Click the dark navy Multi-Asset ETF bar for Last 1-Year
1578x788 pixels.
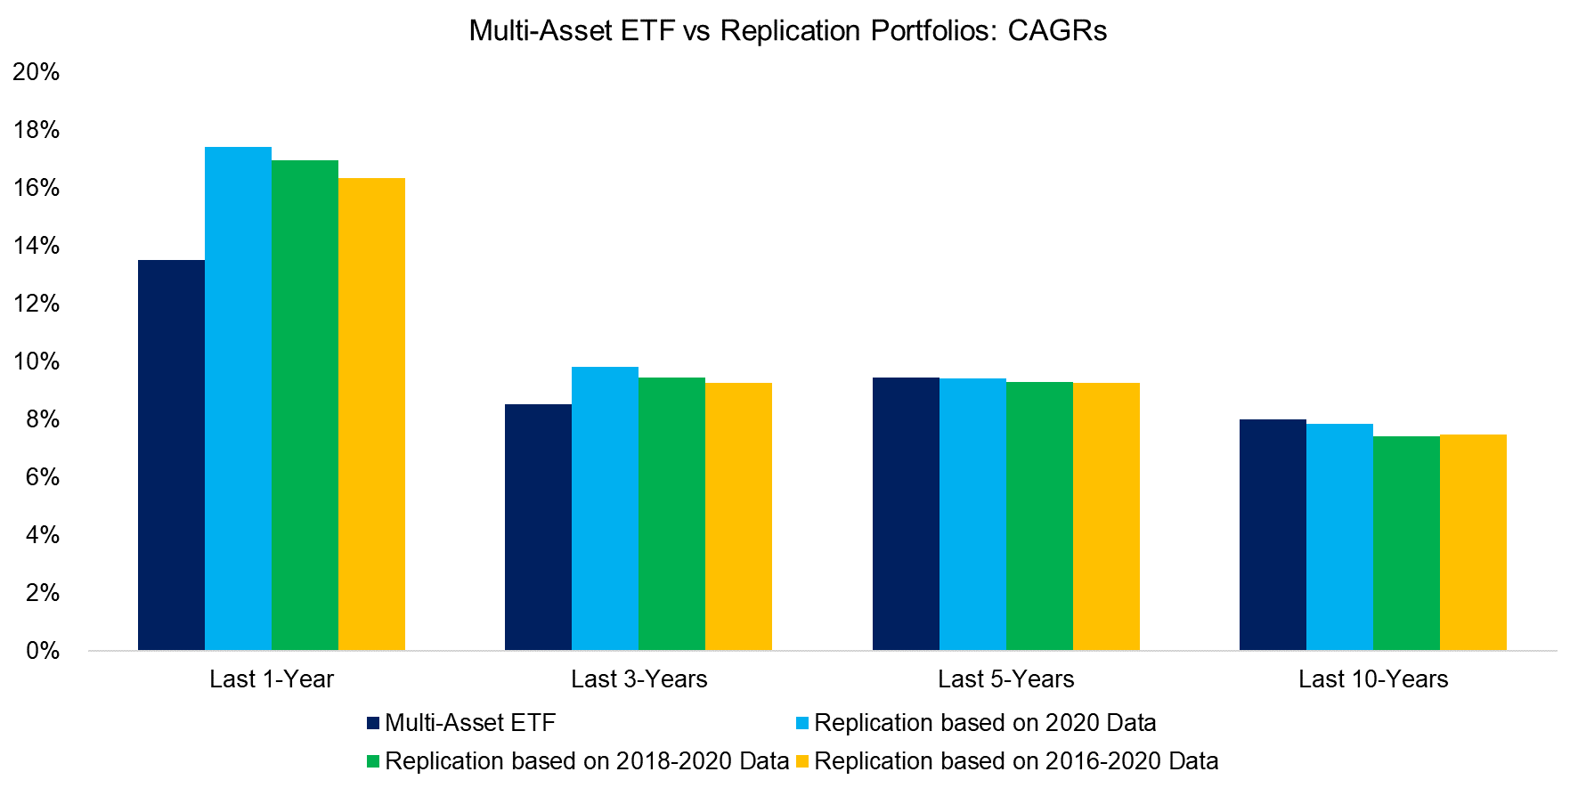[171, 455]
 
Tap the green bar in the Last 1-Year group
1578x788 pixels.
[305, 405]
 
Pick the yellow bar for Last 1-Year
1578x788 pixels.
[371, 414]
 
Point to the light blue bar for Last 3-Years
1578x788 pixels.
[605, 508]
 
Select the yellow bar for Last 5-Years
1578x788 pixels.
[1106, 516]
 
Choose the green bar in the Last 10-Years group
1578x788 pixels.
[1406, 543]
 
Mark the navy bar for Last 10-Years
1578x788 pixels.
[1273, 534]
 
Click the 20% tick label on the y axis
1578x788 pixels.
[37, 72]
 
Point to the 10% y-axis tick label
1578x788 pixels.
[37, 362]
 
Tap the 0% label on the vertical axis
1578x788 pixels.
[42, 651]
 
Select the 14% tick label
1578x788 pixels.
[37, 246]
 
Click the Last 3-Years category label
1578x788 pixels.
[639, 679]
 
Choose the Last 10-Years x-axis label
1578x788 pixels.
[1373, 679]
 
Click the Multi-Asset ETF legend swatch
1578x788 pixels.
[373, 724]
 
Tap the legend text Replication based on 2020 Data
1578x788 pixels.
[985, 723]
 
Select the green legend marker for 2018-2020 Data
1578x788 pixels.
[373, 762]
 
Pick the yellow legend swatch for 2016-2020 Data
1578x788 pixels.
[802, 762]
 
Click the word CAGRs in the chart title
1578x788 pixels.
[1057, 31]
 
